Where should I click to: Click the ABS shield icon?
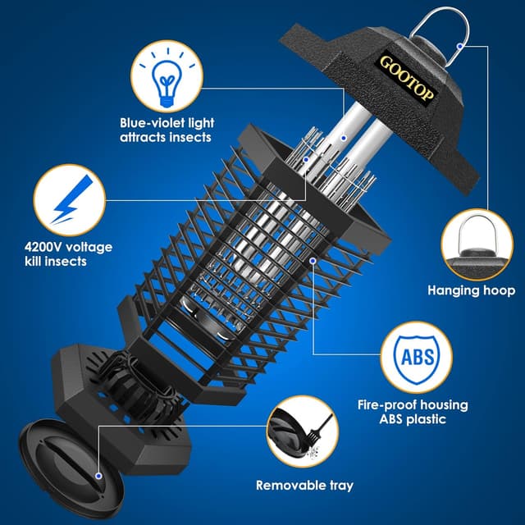click(417, 359)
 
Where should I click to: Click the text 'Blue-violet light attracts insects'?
click(166, 130)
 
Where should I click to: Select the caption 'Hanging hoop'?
click(471, 290)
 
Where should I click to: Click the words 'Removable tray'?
click(304, 486)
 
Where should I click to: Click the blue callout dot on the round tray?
click(98, 475)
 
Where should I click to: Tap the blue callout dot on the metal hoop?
click(461, 46)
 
